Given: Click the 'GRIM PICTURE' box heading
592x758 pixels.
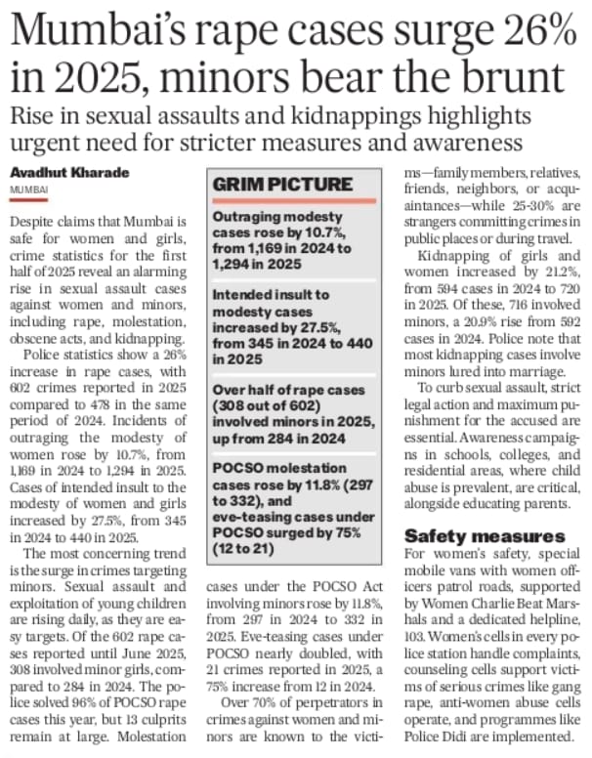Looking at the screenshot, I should [282, 183].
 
